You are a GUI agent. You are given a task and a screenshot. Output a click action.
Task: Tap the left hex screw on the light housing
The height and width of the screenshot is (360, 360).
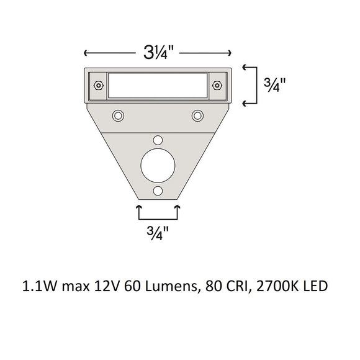[x=97, y=85]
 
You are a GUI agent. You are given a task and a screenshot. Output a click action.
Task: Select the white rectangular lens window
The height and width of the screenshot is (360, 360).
[x=158, y=85]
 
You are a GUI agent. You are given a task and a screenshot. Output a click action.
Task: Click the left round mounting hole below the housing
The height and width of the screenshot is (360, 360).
[x=117, y=115]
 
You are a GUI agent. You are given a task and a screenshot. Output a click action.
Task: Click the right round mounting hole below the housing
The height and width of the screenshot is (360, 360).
[x=198, y=115]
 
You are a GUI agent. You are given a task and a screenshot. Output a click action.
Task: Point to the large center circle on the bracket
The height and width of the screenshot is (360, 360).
[x=158, y=166]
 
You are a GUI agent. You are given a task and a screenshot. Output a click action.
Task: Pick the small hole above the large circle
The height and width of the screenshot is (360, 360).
[x=158, y=140]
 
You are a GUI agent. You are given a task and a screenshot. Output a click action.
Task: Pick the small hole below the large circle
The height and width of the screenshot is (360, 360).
[x=158, y=191]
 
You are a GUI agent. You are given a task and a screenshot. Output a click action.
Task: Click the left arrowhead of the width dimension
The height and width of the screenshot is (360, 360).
[x=86, y=53]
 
